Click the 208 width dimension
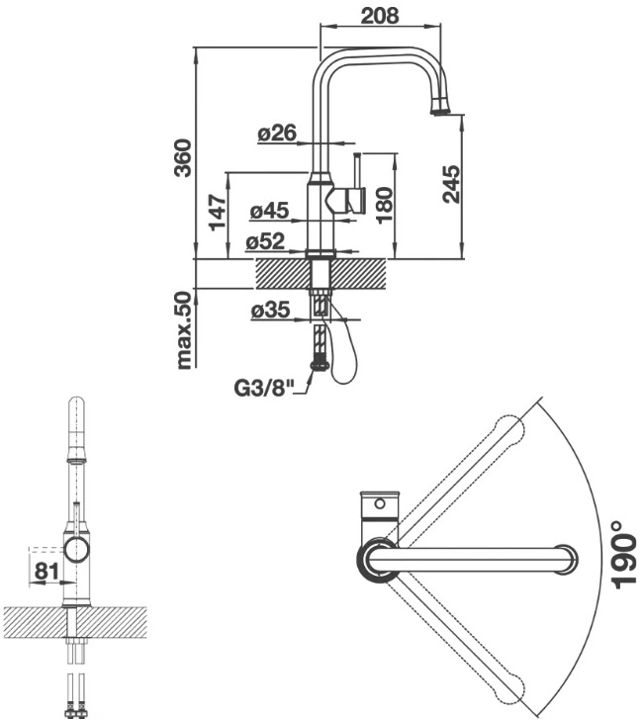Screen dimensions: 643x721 point(380,16)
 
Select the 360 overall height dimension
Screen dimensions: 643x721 point(183,157)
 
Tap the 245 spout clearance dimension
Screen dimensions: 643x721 point(451,184)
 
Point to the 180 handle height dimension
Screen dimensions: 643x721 point(385,205)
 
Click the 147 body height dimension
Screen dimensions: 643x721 point(218,213)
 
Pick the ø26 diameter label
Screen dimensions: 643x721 point(277,134)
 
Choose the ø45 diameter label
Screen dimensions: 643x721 point(269,211)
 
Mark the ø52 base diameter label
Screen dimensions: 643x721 point(265,241)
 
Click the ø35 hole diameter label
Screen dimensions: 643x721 point(270,310)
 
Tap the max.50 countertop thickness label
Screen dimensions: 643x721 point(183,330)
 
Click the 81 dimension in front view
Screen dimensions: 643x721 point(46,571)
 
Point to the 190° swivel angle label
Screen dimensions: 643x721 point(623,555)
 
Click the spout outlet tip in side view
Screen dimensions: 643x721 point(439,110)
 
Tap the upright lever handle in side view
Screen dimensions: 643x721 point(357,170)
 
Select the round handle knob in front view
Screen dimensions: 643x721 point(77,550)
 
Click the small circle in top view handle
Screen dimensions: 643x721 point(380,504)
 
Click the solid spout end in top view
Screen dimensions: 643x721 point(566,559)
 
